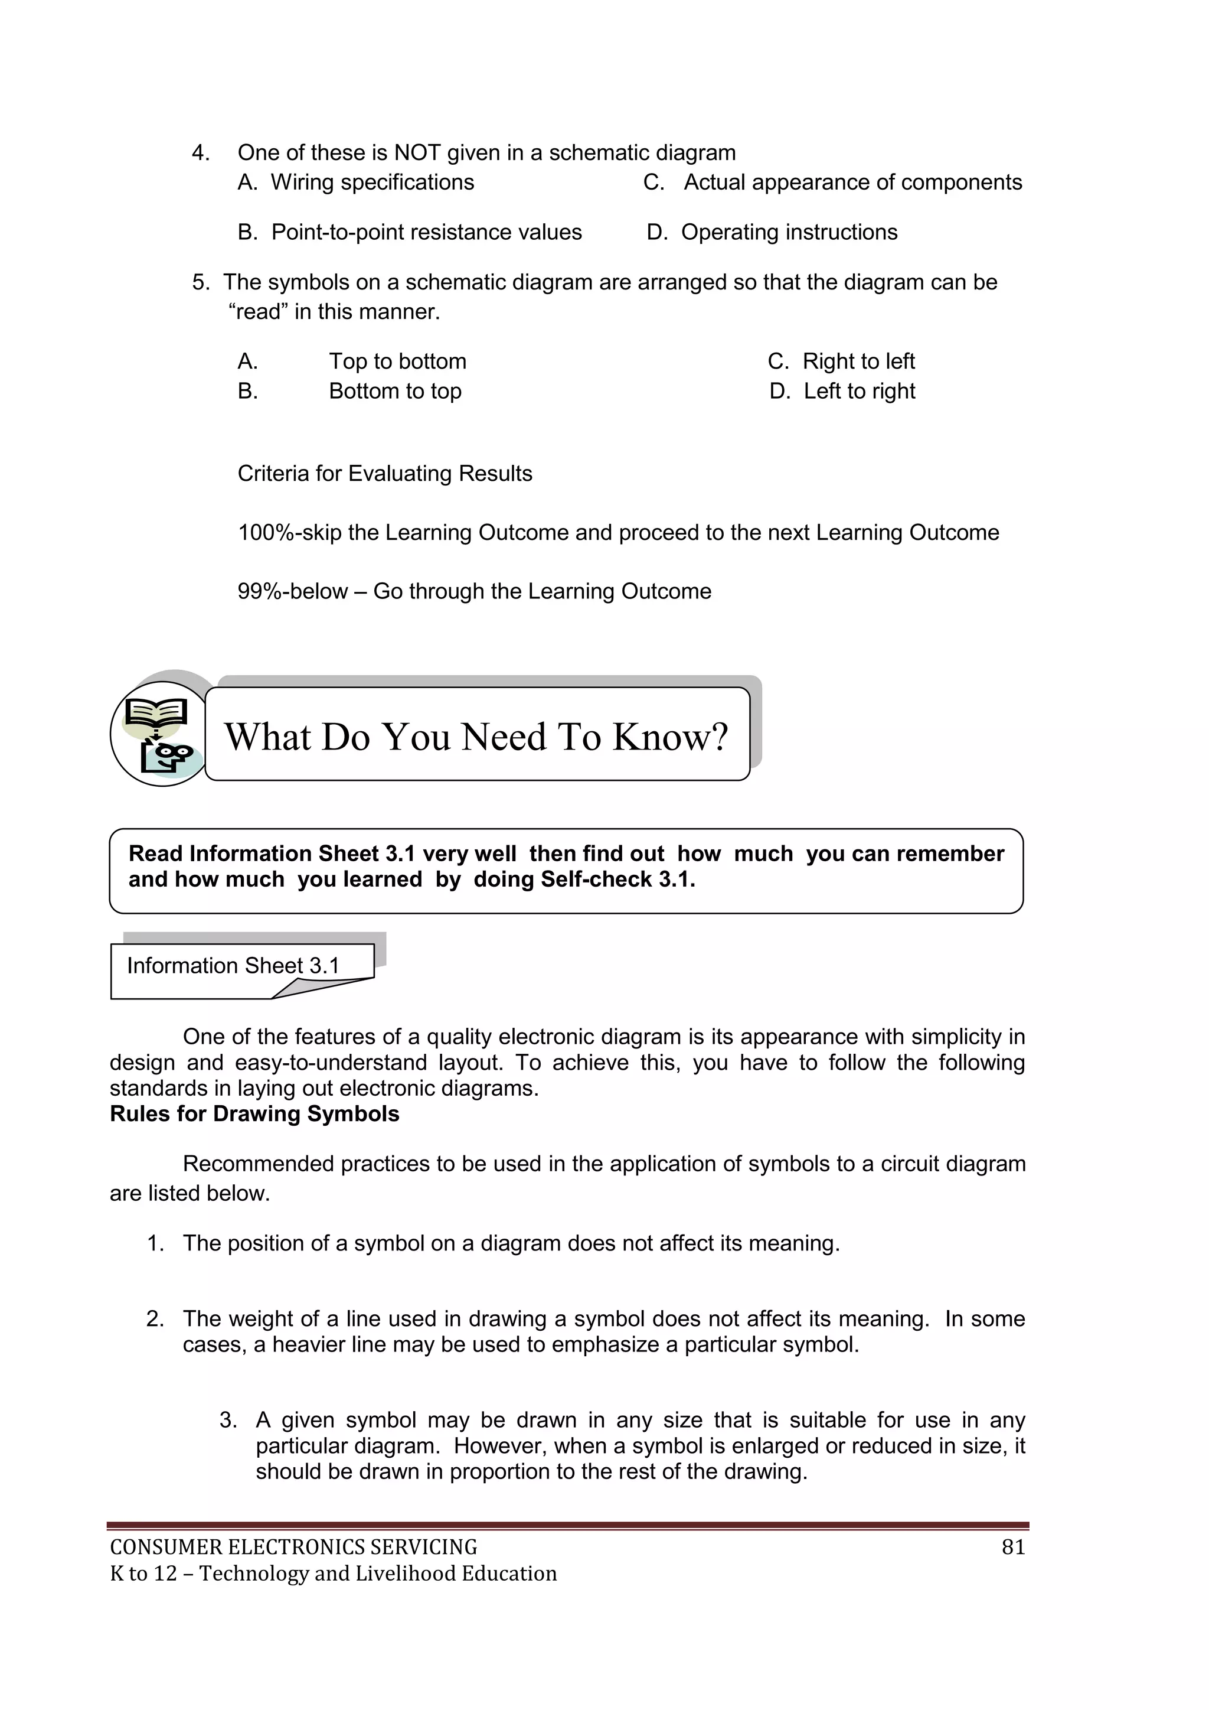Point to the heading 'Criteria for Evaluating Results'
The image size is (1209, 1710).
coord(385,474)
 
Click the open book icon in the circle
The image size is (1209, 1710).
coord(155,714)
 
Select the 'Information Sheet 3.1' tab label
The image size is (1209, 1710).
coord(233,966)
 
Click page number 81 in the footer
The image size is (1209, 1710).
coord(1013,1548)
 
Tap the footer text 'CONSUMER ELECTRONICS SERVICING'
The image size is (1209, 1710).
coord(293,1548)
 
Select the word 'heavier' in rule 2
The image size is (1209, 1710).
coord(306,1344)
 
